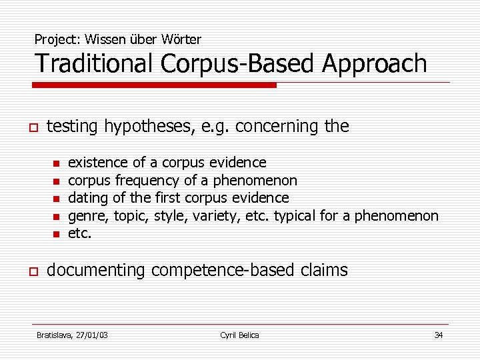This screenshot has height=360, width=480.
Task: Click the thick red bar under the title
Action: point(154,85)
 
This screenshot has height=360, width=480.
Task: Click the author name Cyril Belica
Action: point(239,335)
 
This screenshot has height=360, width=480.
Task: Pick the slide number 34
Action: point(438,335)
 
